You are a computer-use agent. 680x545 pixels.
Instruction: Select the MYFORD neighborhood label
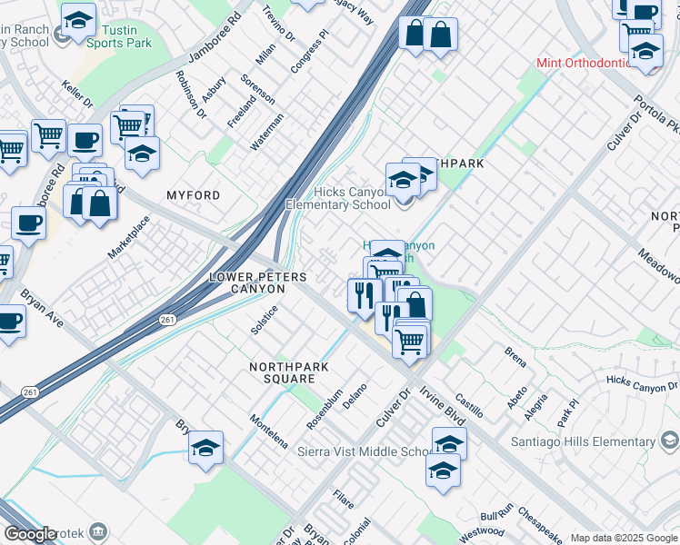[x=193, y=195]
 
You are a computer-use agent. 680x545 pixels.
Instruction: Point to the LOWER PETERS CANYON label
[x=247, y=282]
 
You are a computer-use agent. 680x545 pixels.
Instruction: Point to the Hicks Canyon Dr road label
[x=642, y=385]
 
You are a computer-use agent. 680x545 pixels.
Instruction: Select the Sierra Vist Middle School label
[x=364, y=452]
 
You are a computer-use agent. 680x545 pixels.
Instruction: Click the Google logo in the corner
[x=29, y=534]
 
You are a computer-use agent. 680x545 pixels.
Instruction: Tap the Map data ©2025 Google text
[x=623, y=538]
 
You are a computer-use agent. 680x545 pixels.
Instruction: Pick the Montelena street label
[x=269, y=431]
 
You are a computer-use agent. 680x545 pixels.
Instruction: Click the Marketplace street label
[x=129, y=237]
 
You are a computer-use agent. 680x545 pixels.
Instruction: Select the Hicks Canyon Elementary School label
[x=339, y=198]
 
